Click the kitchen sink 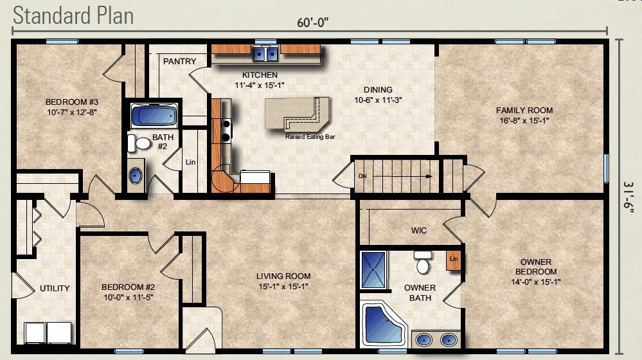[x=265, y=53]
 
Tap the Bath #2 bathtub [x=154, y=114]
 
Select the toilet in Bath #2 [x=139, y=143]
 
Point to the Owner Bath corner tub [x=383, y=324]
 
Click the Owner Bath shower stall [x=373, y=270]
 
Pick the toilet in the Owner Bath [x=423, y=262]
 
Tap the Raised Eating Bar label [x=310, y=137]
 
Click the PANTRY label [x=180, y=62]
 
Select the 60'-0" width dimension [x=313, y=22]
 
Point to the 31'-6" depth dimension [x=629, y=197]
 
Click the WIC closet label [x=419, y=231]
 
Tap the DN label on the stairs [x=362, y=176]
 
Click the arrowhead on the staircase [x=429, y=177]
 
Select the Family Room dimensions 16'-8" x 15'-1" [x=524, y=120]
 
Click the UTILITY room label [x=55, y=289]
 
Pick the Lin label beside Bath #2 [x=190, y=162]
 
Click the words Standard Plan [x=73, y=15]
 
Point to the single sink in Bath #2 [x=136, y=175]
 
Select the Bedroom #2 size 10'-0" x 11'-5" [x=128, y=298]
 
